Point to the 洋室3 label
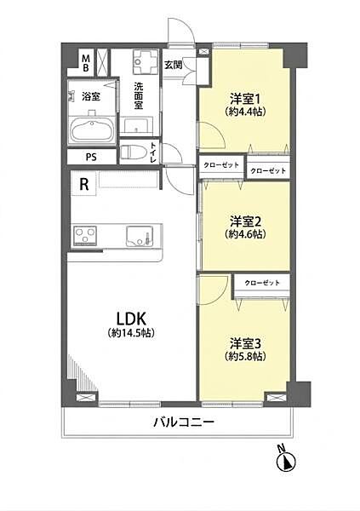point(246,343)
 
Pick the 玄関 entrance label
point(173,65)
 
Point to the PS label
point(90,158)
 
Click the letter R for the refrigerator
point(83,182)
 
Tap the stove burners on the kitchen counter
point(87,234)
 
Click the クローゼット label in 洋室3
point(260,282)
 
